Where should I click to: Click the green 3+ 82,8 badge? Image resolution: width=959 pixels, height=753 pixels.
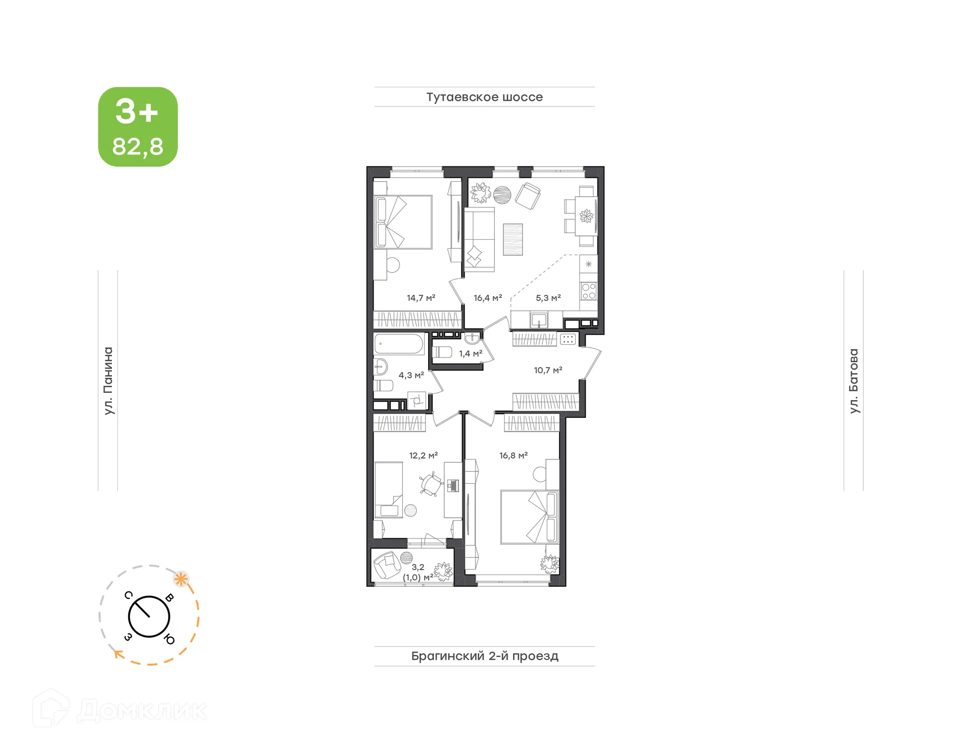(138, 127)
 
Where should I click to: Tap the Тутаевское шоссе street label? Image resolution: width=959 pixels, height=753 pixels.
(484, 97)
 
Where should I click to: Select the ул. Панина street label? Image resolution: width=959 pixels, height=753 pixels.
(108, 381)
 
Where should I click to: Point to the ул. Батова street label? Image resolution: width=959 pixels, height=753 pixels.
(854, 381)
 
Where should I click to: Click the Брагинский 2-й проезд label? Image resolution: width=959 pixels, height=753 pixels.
(484, 656)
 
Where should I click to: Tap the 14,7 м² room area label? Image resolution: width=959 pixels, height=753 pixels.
(421, 298)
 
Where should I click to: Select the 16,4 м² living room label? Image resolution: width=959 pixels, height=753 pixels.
(487, 298)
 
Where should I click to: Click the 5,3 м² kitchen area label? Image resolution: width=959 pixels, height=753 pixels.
(548, 298)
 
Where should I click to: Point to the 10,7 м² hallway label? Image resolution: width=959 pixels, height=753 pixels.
(548, 370)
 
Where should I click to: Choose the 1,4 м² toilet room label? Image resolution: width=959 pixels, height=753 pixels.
(471, 354)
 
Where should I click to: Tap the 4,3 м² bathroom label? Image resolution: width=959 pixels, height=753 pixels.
(411, 375)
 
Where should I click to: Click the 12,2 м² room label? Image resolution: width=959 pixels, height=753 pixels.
(423, 455)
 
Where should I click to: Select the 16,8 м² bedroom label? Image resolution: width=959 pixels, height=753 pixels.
(513, 455)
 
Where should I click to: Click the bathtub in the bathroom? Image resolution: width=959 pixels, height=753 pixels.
(399, 344)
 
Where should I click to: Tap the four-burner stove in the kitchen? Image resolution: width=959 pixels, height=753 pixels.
(588, 291)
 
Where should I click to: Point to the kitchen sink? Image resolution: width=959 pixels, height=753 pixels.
(539, 319)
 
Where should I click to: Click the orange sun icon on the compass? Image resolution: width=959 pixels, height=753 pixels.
(181, 580)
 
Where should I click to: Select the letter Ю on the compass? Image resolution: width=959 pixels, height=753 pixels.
(169, 639)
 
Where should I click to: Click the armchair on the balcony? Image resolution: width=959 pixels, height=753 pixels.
(386, 564)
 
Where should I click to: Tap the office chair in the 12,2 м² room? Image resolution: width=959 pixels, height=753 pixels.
(431, 484)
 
